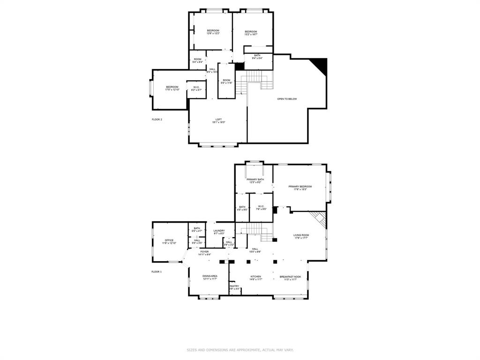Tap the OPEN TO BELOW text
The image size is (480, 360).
287,99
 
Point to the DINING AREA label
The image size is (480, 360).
210,277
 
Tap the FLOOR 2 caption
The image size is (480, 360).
157,120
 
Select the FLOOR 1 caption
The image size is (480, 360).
157,272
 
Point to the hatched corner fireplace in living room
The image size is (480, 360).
320,218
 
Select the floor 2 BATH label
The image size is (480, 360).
257,57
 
